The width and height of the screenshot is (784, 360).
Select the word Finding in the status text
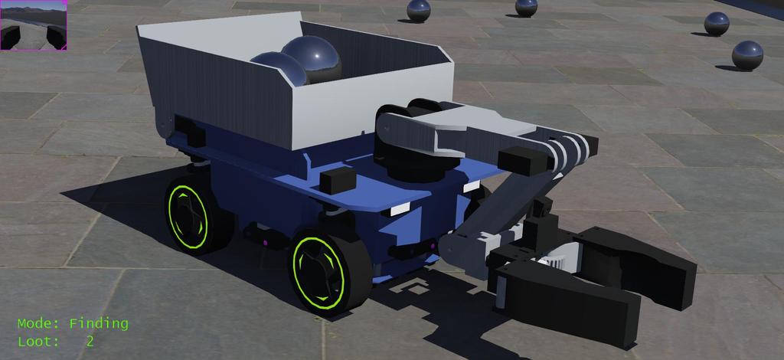pyautogui.click(x=99, y=323)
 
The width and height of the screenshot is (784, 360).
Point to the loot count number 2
pyautogui.click(x=90, y=342)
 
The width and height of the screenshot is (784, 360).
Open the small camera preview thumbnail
pyautogui.click(x=34, y=25)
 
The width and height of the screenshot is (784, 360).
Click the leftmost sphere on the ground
pyautogui.click(x=418, y=11)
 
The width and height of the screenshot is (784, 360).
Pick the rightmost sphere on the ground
pyautogui.click(x=747, y=55)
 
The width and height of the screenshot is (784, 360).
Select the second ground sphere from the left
pyautogui.click(x=526, y=7)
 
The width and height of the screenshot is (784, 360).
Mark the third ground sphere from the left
pyautogui.click(x=717, y=23)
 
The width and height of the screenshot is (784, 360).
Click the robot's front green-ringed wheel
pyautogui.click(x=322, y=272)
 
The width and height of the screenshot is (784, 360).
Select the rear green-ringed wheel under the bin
pyautogui.click(x=191, y=214)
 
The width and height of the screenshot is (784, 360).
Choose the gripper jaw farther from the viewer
pyautogui.click(x=643, y=260)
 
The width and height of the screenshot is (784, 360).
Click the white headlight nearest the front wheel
pyautogui.click(x=399, y=209)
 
